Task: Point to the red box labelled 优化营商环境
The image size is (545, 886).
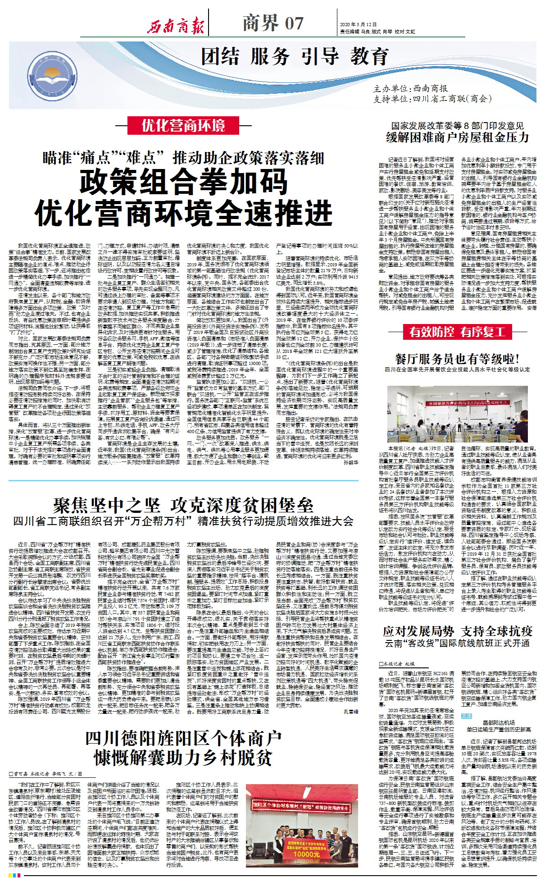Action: tap(183, 125)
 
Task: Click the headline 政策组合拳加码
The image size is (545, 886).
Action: tap(184, 182)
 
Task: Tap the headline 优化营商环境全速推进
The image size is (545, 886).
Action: tap(184, 213)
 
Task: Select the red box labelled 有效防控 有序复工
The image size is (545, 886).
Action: tap(457, 332)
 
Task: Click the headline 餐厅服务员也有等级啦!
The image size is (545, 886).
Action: tap(457, 359)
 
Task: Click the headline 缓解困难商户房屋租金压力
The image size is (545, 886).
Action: tap(457, 137)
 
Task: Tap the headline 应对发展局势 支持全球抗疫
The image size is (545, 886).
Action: tap(457, 631)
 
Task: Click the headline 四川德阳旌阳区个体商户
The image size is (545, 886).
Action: tap(183, 739)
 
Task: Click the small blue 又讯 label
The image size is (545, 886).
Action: tap(466, 716)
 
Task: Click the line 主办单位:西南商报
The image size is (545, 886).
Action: tap(410, 89)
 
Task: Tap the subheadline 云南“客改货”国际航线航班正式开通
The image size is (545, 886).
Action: tap(457, 643)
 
